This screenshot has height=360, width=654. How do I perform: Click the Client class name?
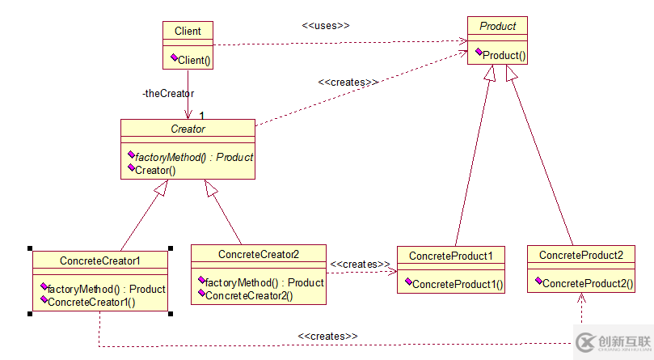[188, 32]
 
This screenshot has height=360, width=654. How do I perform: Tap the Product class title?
[497, 27]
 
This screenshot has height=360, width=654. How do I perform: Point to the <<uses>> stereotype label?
[326, 25]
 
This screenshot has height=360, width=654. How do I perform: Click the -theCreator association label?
[167, 93]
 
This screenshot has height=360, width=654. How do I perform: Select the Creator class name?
[188, 129]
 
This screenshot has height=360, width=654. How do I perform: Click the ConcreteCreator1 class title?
[100, 260]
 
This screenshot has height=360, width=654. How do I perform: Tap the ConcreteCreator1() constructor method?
[91, 302]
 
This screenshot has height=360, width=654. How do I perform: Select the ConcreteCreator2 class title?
[259, 254]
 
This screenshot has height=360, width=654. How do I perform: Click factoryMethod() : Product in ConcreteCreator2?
[264, 282]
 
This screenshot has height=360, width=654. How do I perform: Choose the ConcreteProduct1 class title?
[451, 256]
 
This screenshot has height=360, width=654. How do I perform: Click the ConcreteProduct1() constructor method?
[458, 284]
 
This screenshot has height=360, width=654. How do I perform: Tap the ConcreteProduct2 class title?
[581, 255]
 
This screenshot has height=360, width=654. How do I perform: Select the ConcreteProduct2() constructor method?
[588, 284]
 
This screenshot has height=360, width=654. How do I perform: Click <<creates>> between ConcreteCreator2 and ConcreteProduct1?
[361, 265]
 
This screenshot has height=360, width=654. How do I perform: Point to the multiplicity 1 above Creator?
[202, 116]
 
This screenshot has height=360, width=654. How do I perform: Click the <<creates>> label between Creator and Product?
[348, 82]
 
